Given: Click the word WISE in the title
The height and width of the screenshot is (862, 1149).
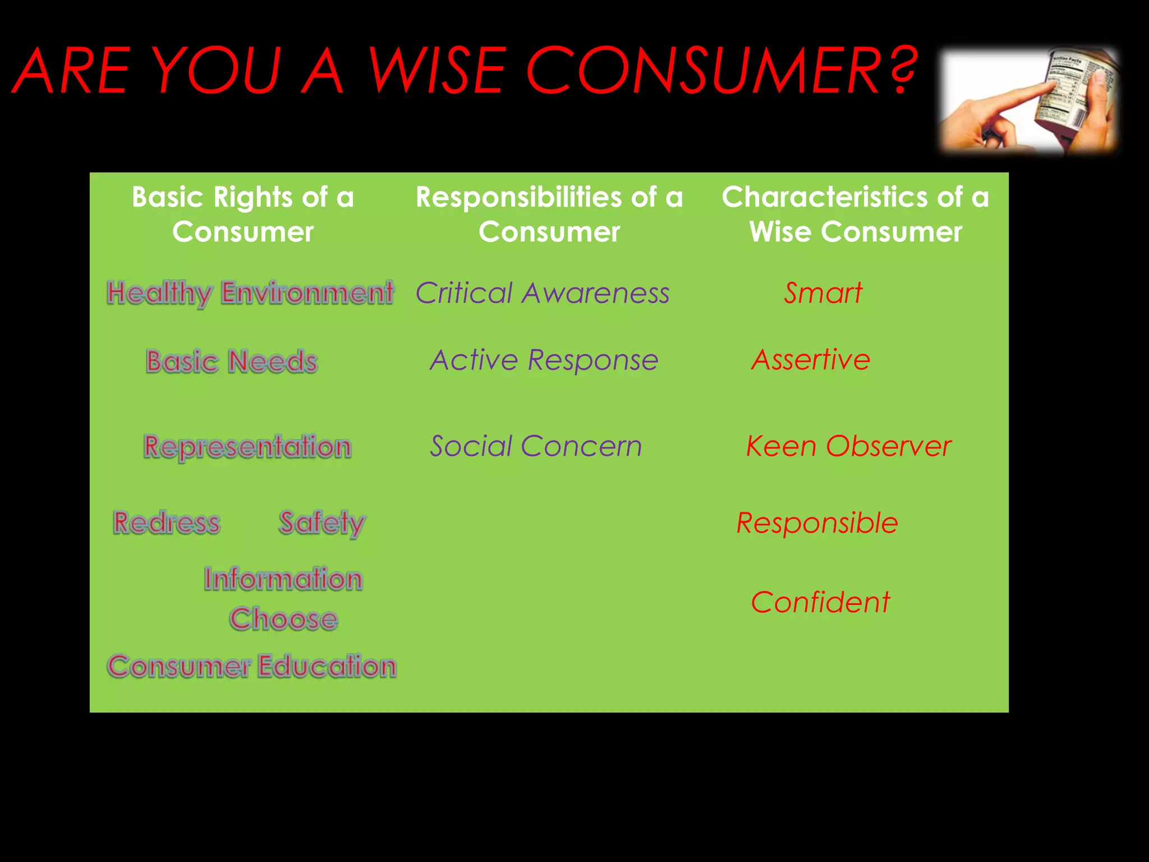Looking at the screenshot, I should pyautogui.click(x=435, y=71).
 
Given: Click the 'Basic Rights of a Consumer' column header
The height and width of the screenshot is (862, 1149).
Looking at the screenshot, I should pyautogui.click(x=243, y=214).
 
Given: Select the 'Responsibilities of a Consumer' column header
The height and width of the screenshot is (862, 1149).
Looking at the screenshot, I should pyautogui.click(x=549, y=214).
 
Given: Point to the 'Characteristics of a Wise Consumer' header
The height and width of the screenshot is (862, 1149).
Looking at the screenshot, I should pyautogui.click(x=855, y=214).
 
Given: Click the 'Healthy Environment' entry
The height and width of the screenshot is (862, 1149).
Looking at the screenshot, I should pyautogui.click(x=250, y=293).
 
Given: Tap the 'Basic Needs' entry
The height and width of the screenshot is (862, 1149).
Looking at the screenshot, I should pyautogui.click(x=232, y=361).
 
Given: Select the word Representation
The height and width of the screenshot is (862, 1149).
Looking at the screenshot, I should pyautogui.click(x=247, y=447).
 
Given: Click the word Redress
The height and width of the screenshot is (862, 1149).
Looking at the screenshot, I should pyautogui.click(x=167, y=522).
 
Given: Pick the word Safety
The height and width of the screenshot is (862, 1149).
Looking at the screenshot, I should pyautogui.click(x=322, y=522).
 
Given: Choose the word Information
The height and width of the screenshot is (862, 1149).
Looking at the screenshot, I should pyautogui.click(x=283, y=579).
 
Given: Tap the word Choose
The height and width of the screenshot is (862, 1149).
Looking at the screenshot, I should pyautogui.click(x=283, y=619).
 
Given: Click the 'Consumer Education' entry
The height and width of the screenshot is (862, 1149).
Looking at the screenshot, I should pyautogui.click(x=252, y=666).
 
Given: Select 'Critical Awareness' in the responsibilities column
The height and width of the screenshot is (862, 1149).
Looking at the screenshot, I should pyautogui.click(x=543, y=293).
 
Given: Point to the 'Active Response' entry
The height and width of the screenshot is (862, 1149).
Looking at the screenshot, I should pyautogui.click(x=544, y=360).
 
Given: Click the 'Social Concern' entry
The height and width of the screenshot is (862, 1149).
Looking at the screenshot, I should pyautogui.click(x=536, y=447).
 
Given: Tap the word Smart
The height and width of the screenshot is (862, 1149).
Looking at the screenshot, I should pyautogui.click(x=822, y=293).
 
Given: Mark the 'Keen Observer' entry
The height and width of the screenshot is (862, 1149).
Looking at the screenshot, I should pyautogui.click(x=848, y=447).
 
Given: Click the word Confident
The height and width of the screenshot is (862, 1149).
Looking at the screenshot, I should pyautogui.click(x=820, y=602).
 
